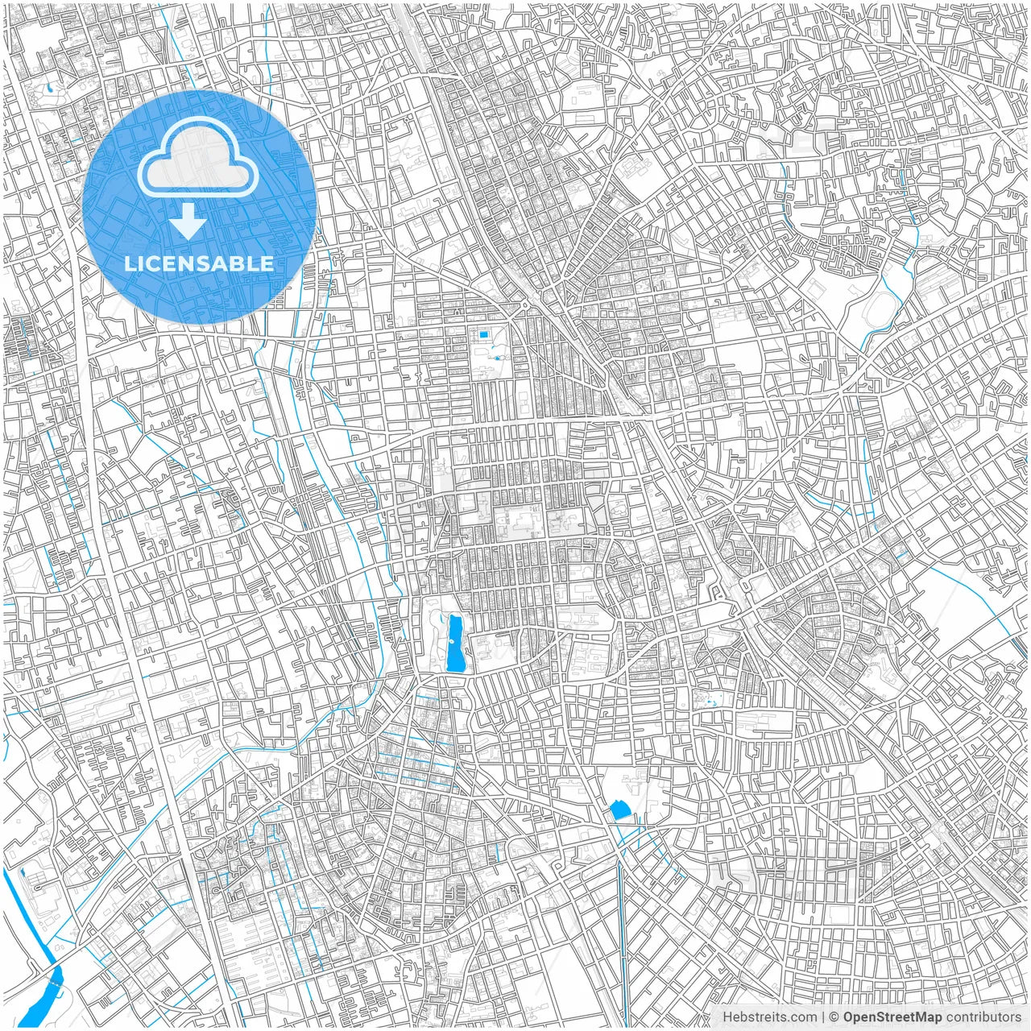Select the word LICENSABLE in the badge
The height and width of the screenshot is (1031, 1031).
point(199,263)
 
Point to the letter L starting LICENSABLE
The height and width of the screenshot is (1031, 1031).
point(129,263)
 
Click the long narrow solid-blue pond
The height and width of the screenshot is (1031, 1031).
point(455,644)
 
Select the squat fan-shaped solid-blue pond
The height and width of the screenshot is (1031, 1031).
point(620,809)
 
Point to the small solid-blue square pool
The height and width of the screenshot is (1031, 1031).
point(483,335)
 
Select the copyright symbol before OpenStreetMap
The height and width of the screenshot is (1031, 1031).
point(835,1017)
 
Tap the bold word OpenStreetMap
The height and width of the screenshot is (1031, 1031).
point(892,1017)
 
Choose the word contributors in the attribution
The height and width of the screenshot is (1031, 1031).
point(983,1017)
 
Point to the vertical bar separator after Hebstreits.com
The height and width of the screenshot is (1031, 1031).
point(823,1017)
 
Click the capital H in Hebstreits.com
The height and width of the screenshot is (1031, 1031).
point(727,1017)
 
